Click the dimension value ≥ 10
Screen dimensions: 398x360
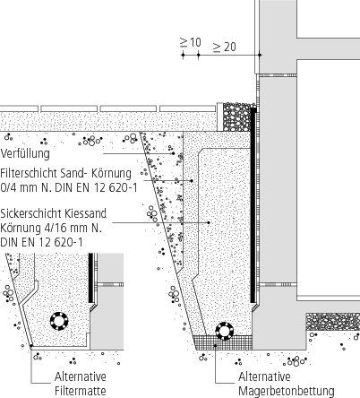[x=190, y=42]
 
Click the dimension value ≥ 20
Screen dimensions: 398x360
[x=224, y=47]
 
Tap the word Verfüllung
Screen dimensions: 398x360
[x=25, y=154]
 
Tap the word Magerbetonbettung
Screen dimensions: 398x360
[x=286, y=390]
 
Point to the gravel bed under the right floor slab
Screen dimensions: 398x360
[x=332, y=321]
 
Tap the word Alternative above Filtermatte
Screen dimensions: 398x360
[x=81, y=376]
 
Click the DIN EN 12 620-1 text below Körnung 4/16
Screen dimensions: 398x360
[x=41, y=242]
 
